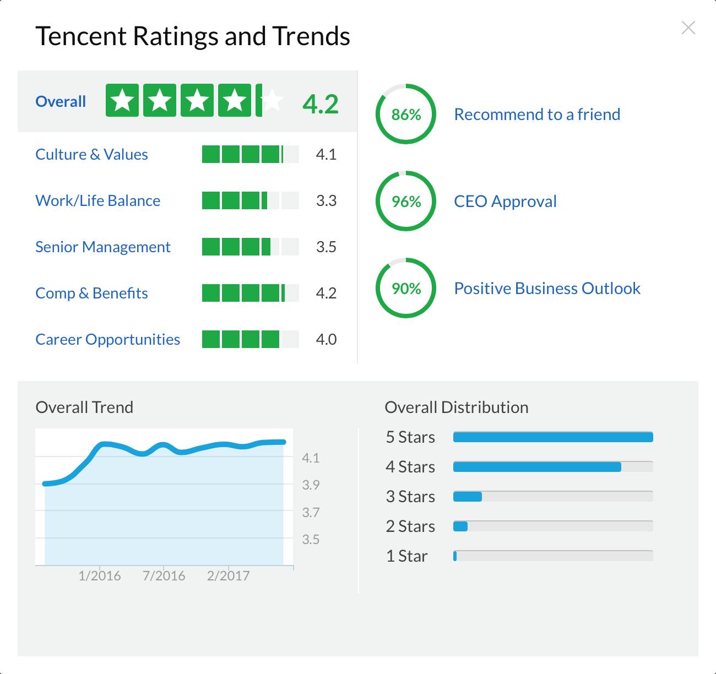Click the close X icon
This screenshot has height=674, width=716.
pyautogui.click(x=688, y=28)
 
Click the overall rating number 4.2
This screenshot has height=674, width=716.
pyautogui.click(x=321, y=104)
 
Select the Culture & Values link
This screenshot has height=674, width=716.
pyautogui.click(x=91, y=154)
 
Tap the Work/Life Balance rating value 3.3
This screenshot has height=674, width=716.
pyautogui.click(x=326, y=200)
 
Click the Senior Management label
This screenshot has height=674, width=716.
pyautogui.click(x=103, y=247)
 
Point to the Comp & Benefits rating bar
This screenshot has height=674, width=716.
pyautogui.click(x=250, y=293)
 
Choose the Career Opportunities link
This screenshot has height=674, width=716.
pyautogui.click(x=107, y=339)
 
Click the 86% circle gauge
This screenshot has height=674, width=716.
pyautogui.click(x=406, y=114)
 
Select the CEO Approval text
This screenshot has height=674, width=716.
pyautogui.click(x=505, y=201)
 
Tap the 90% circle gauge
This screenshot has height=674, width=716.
pyautogui.click(x=406, y=288)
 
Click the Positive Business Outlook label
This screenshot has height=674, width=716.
pyautogui.click(x=547, y=288)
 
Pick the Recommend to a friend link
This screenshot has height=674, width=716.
pyautogui.click(x=537, y=114)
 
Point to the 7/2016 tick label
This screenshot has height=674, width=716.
pyautogui.click(x=164, y=575)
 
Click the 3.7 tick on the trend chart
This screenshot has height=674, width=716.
pyautogui.click(x=311, y=512)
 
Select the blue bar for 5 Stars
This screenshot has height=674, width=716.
pyautogui.click(x=553, y=437)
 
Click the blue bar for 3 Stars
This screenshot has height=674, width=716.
pyautogui.click(x=468, y=497)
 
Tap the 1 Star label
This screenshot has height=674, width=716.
pyautogui.click(x=406, y=556)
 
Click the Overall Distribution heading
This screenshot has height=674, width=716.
pyautogui.click(x=457, y=407)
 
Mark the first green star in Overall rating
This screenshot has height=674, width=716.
pyautogui.click(x=122, y=100)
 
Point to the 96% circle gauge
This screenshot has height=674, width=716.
pyautogui.click(x=406, y=201)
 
